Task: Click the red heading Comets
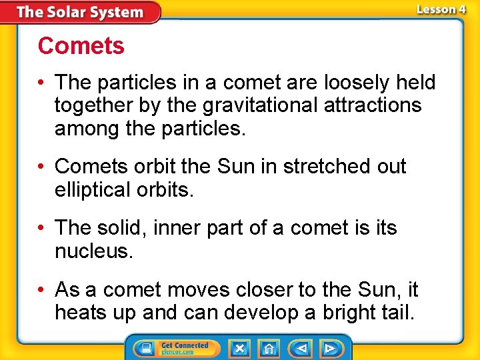click(x=81, y=46)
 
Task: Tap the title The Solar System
click(x=79, y=12)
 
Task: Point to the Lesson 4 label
click(x=441, y=9)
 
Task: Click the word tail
click(x=397, y=313)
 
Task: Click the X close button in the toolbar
click(x=239, y=348)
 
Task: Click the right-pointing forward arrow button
click(x=329, y=348)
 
